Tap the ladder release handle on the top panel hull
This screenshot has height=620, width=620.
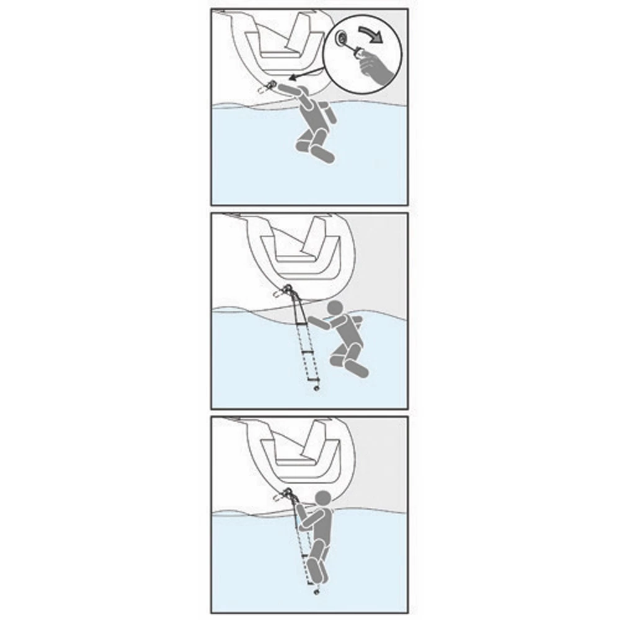[x=271, y=86]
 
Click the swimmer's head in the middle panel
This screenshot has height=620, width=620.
[x=335, y=309]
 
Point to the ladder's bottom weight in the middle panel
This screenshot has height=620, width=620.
[x=318, y=389]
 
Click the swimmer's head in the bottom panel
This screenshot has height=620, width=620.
[x=322, y=500]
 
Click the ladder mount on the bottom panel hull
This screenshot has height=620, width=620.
[x=286, y=494]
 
